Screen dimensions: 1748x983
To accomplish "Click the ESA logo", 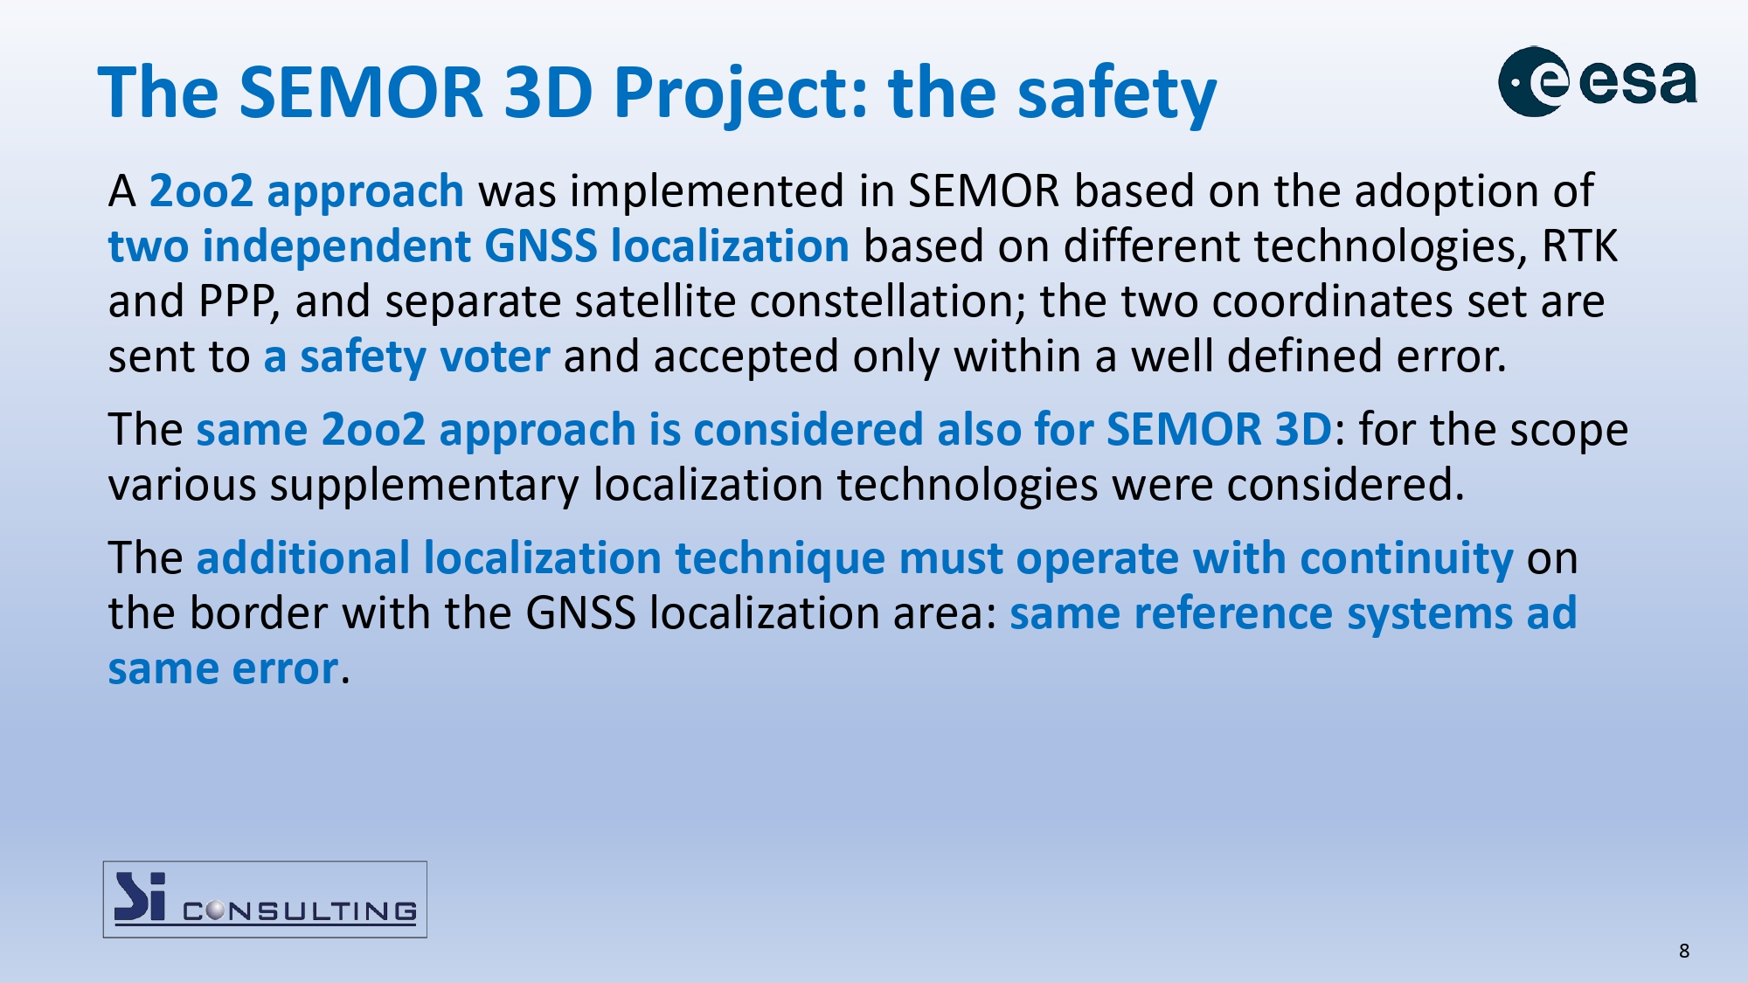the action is pos(1598,82).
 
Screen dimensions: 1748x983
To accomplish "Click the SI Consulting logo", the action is pos(265,899).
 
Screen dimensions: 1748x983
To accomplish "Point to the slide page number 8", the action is pos(1684,951).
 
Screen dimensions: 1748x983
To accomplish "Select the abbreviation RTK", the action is pos(1579,246).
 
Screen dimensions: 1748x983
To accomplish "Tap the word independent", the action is pos(336,246).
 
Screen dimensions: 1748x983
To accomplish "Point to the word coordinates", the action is pos(1332,301).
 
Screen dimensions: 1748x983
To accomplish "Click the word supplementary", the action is pos(424,485).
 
